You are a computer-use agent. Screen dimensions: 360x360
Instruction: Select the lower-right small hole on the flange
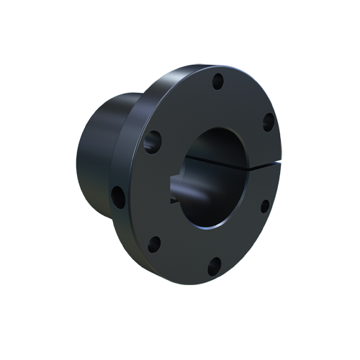coord(264,206)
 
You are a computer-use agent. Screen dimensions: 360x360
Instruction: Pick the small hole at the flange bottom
coord(213,267)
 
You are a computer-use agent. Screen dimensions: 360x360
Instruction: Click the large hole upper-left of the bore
coord(153,141)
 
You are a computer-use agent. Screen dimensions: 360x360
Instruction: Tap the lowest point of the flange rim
coord(209,283)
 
